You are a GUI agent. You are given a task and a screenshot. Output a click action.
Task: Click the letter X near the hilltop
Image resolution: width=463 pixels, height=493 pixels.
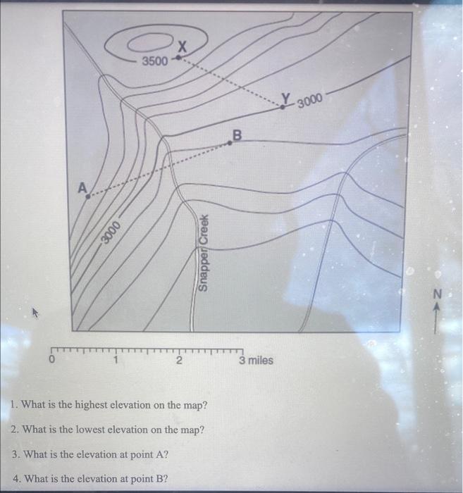coord(182,47)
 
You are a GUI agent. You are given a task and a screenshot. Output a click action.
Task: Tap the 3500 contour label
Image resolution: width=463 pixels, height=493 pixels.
coord(155,61)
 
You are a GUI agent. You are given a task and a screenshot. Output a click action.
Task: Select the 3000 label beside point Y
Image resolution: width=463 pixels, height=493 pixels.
coord(310,101)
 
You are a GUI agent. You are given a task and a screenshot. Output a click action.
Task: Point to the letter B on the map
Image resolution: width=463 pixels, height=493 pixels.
coord(237,133)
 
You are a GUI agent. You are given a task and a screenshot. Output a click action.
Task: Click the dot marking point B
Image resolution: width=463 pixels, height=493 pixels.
coord(230,143)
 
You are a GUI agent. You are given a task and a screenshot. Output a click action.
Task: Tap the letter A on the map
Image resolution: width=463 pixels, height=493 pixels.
coord(82,187)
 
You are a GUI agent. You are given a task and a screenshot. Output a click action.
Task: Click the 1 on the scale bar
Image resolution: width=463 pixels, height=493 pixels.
coord(116,361)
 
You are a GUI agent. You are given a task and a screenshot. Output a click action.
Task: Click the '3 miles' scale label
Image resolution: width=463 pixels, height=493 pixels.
coord(255,361)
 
